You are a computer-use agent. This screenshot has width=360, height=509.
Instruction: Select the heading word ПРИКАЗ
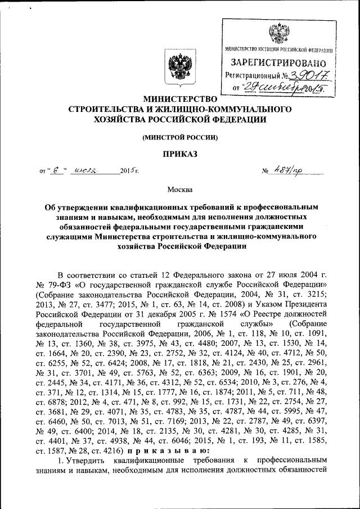(x=179, y=154)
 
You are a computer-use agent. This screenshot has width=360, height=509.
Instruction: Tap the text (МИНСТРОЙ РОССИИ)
(x=179, y=137)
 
